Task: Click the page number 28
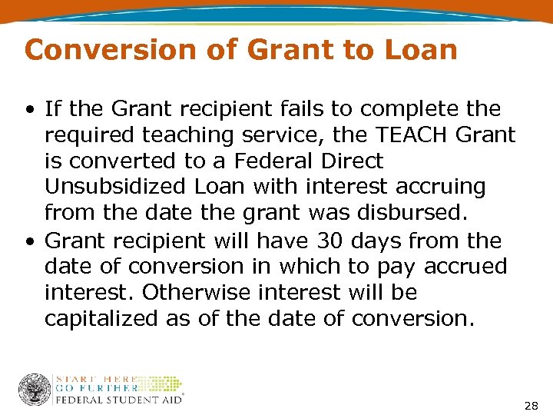click(531, 404)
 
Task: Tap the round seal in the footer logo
click(35, 390)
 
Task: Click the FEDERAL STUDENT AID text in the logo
click(118, 400)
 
